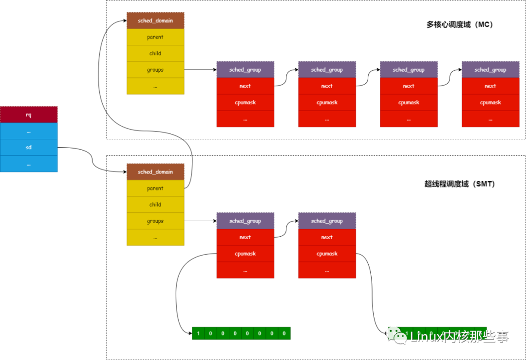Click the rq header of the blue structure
(x=29, y=115)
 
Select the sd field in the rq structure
(x=29, y=147)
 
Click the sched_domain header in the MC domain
(x=155, y=21)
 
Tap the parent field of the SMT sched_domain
(x=155, y=188)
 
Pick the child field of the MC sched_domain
(x=155, y=54)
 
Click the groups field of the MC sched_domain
(x=155, y=70)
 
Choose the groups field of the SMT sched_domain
(x=155, y=221)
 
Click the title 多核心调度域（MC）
(x=460, y=24)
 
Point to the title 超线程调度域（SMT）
(x=460, y=184)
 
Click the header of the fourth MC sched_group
(x=490, y=70)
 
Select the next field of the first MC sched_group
(x=245, y=86)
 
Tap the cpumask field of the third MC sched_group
(x=409, y=103)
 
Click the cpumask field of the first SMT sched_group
(x=245, y=254)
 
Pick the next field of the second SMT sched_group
(x=327, y=237)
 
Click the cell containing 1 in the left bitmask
(x=198, y=334)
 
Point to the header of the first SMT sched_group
(x=245, y=221)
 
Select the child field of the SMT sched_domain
(x=155, y=205)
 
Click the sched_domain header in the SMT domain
(x=155, y=172)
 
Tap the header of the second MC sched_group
(x=327, y=70)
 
